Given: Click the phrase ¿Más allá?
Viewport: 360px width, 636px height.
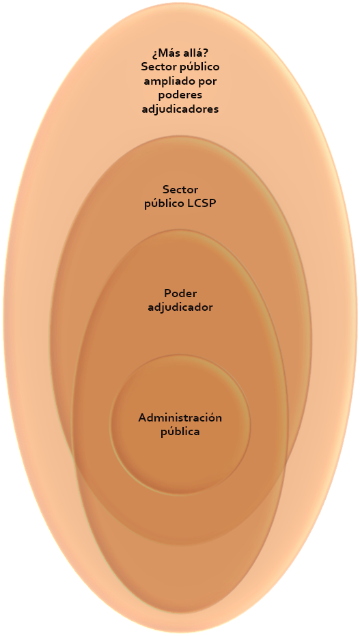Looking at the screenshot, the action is coord(180,53).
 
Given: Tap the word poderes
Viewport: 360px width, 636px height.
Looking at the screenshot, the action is coord(180,95).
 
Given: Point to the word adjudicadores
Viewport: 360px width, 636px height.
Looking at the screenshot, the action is coord(180,109).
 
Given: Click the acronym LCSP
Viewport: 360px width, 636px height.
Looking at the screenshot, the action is coord(202,203).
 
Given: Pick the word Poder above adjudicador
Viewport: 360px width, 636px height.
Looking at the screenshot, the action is coord(180,293).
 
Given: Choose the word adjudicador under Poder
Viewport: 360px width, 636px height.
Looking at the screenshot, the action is coord(180,307).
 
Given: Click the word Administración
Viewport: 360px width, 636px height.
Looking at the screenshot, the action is coord(180,417).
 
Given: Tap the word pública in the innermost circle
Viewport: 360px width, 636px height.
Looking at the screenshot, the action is coord(180,431).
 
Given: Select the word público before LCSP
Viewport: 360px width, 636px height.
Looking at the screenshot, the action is coord(165,204).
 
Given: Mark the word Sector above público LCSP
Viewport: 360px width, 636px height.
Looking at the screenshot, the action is coord(180,189).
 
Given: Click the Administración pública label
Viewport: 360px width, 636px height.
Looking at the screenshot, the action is coord(180,425).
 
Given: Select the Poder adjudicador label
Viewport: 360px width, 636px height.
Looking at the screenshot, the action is coord(180,301).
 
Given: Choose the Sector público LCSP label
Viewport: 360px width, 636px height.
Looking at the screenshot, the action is coord(180,197).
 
